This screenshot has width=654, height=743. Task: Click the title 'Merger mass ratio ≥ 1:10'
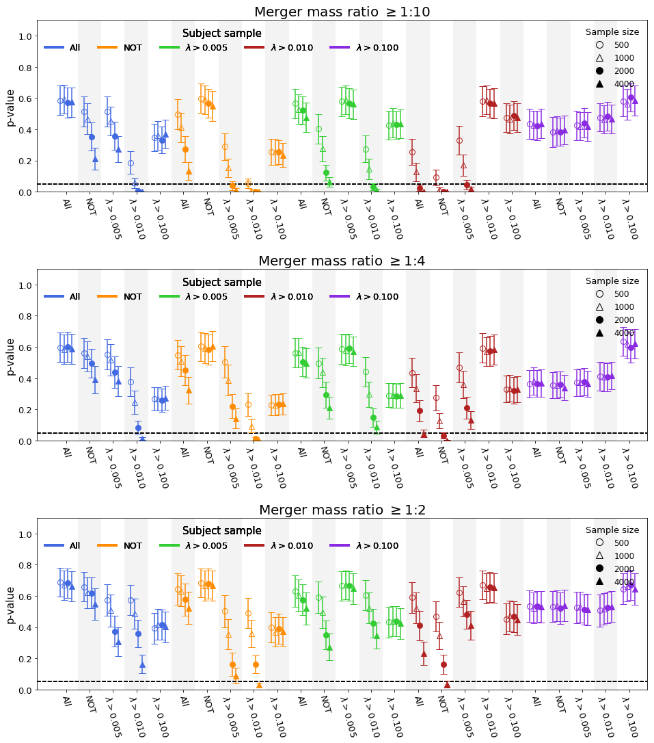coord(342,12)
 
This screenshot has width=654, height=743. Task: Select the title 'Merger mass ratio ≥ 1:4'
coord(342,261)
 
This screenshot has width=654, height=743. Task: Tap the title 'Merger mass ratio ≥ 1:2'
coord(342,510)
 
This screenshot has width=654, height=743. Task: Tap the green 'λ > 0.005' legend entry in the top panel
coord(206,48)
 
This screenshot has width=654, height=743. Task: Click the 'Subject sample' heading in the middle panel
coord(221,283)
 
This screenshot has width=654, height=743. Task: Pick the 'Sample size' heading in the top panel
coord(612,32)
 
